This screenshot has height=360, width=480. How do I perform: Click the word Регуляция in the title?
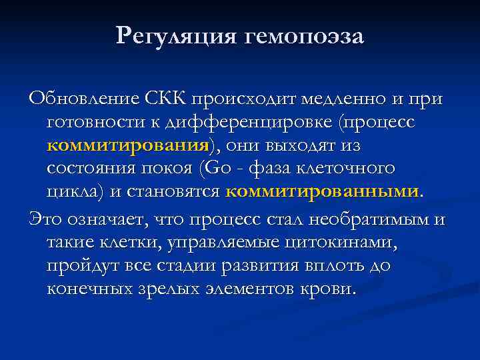tap(174, 36)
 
